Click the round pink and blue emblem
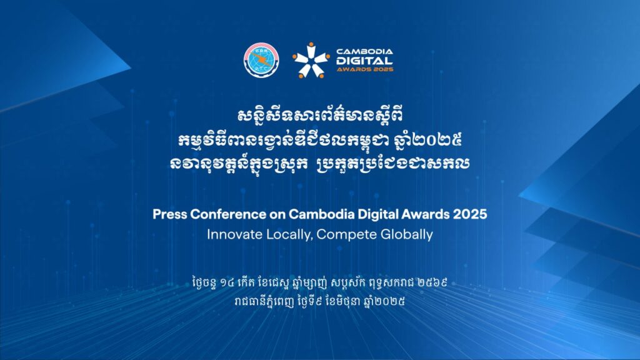(x=261, y=59)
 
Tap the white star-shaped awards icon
(x=311, y=60)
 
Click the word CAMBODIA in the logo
(x=364, y=51)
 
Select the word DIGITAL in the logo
(x=364, y=61)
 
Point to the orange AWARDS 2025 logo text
(x=365, y=69)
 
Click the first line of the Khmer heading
(x=320, y=116)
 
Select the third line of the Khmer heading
(x=319, y=163)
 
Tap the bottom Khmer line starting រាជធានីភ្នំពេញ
(x=320, y=302)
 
